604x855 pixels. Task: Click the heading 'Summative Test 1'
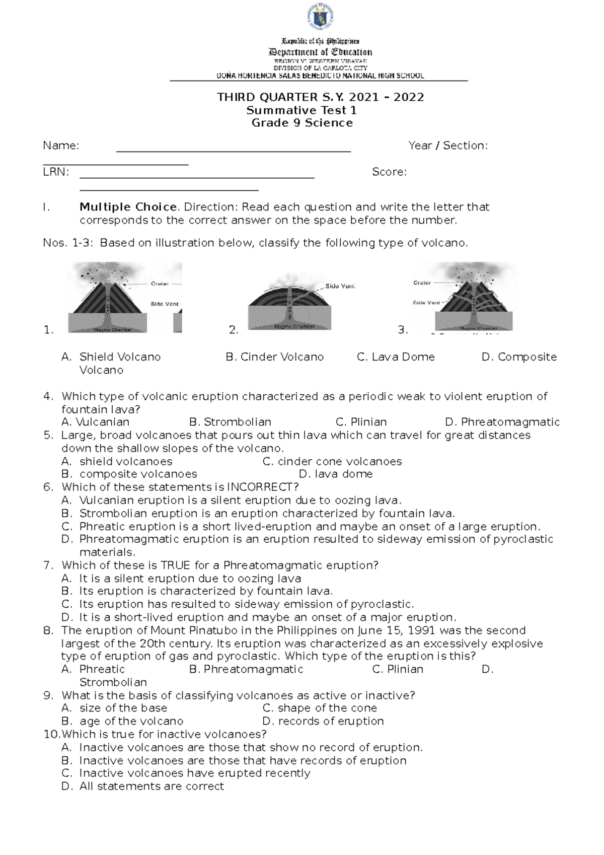[x=301, y=110]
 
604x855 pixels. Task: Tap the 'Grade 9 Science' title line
[x=302, y=123]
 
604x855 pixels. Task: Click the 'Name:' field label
[x=61, y=146]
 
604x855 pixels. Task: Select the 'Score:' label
[x=389, y=172]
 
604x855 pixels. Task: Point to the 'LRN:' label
[x=56, y=172]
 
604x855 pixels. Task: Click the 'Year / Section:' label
[x=448, y=146]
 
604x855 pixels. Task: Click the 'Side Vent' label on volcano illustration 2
[x=340, y=286]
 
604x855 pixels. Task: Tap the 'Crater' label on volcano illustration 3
[x=422, y=282]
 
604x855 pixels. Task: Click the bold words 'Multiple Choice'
[x=128, y=207]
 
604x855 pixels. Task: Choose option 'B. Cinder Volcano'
[x=274, y=357]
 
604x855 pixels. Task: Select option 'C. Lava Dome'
[x=396, y=357]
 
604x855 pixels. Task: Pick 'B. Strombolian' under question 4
[x=230, y=422]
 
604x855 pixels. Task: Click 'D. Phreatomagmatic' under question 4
[x=502, y=422]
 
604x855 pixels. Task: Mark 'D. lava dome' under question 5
[x=335, y=474]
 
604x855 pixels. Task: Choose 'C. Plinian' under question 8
[x=398, y=669]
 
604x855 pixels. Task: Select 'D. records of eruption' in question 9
[x=323, y=721]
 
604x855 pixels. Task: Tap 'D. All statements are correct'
[x=142, y=786]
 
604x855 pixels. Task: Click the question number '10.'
[x=52, y=734]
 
